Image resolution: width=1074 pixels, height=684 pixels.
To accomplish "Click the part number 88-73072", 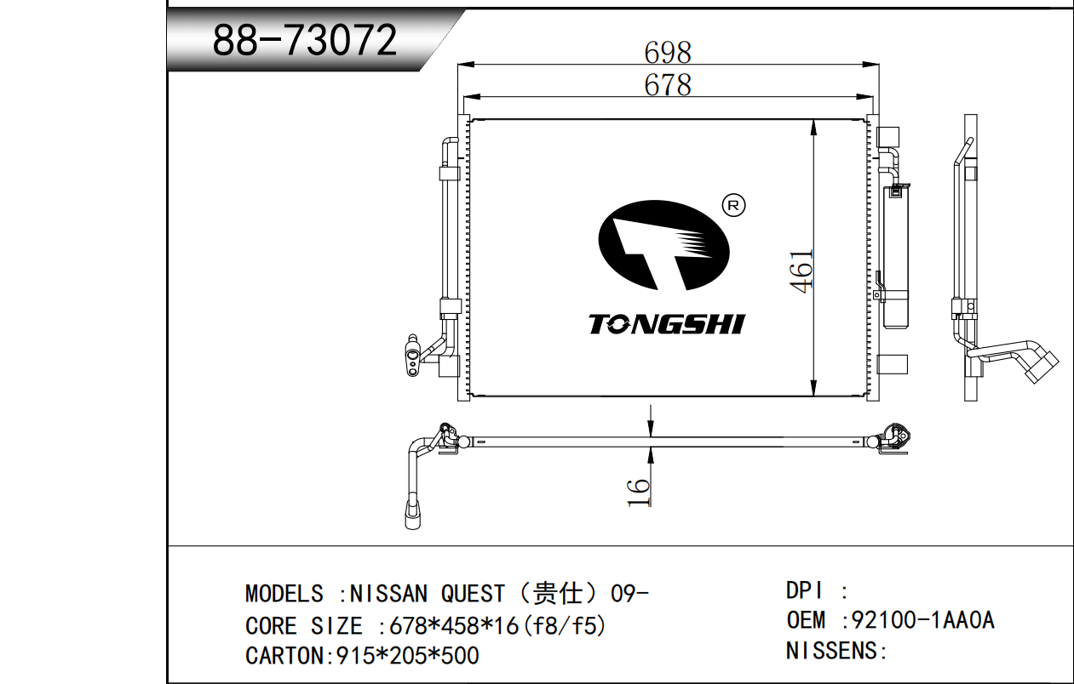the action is click(x=305, y=40).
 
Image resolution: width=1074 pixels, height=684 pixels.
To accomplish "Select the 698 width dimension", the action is click(x=668, y=52).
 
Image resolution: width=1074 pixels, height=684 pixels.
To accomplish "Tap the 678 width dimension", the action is click(x=668, y=85).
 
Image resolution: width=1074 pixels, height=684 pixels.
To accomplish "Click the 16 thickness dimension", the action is click(x=639, y=492).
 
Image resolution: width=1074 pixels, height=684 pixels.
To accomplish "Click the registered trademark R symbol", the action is click(x=733, y=206).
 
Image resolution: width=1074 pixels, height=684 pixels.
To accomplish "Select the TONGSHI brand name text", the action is click(x=667, y=324).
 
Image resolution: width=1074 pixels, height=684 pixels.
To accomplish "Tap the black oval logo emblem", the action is click(x=664, y=245).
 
